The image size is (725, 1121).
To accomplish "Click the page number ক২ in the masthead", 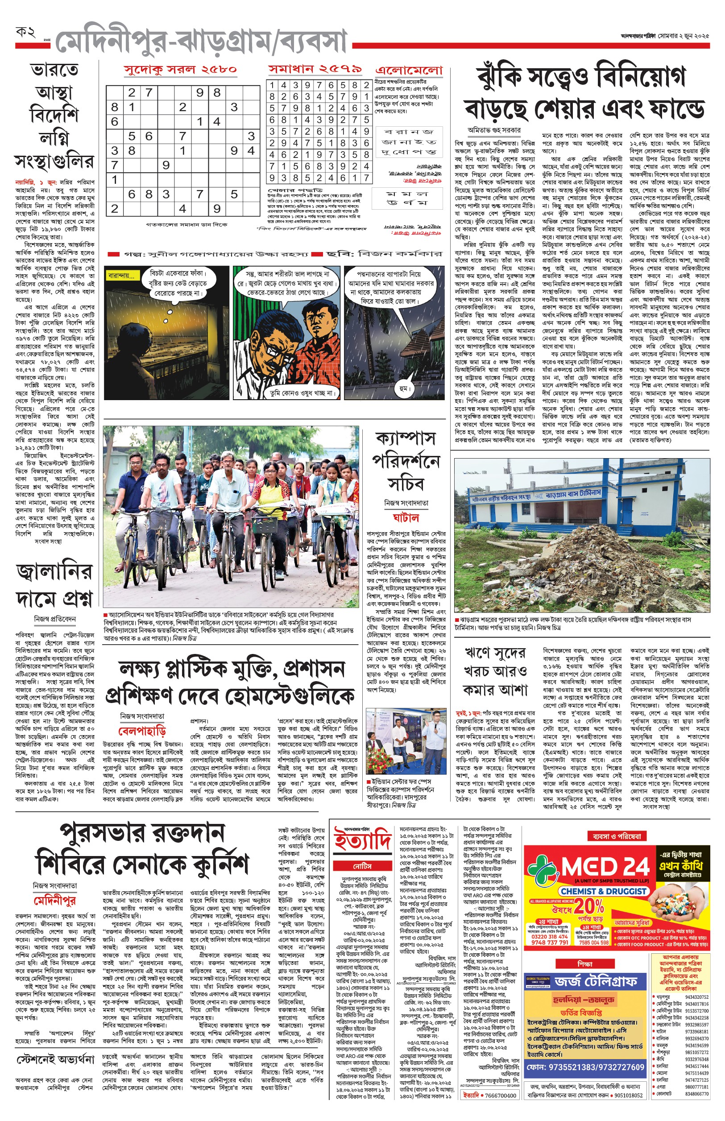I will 25,33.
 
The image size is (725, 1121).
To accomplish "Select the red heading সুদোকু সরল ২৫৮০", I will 180,70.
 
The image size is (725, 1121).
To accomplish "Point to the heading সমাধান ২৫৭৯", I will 315,69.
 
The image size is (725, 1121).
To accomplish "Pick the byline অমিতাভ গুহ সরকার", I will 494,130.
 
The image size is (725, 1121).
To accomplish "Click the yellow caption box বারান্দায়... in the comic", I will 121,276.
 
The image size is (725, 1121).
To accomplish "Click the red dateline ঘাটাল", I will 406,517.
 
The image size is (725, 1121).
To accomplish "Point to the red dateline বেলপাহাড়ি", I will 142,731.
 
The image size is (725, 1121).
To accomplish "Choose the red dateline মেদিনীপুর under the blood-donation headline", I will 54,901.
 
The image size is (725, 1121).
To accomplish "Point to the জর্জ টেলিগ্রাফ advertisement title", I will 596,981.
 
